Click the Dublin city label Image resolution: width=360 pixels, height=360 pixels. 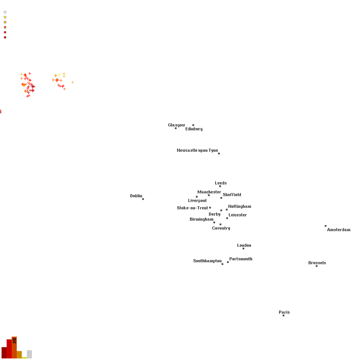click(x=136, y=196)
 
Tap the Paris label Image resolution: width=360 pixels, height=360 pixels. click(x=284, y=312)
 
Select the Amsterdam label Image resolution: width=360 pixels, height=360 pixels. click(x=339, y=230)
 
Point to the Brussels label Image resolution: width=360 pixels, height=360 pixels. click(x=317, y=263)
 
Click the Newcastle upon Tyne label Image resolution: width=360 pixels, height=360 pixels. click(x=197, y=150)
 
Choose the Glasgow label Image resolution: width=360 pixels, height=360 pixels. click(x=176, y=125)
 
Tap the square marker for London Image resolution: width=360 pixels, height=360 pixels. click(x=243, y=248)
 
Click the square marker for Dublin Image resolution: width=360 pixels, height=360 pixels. click(x=143, y=199)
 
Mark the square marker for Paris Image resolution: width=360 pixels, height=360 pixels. click(x=284, y=316)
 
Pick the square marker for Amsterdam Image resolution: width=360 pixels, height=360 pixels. click(x=326, y=226)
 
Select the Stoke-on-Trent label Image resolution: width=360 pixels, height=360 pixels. click(x=192, y=208)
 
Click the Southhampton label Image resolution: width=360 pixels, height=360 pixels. click(x=207, y=261)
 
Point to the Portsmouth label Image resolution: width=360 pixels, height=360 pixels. click(x=241, y=259)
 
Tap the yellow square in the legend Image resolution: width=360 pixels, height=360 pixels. click(x=5, y=17)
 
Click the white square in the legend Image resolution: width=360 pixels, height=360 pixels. click(x=5, y=12)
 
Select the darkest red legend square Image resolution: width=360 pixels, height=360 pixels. click(x=5, y=37)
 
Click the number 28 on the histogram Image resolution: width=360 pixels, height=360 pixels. click(x=14, y=341)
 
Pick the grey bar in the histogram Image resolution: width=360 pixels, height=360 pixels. click(x=30, y=354)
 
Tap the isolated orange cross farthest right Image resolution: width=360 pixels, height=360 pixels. click(x=72, y=82)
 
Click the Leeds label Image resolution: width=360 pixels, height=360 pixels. click(x=221, y=183)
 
